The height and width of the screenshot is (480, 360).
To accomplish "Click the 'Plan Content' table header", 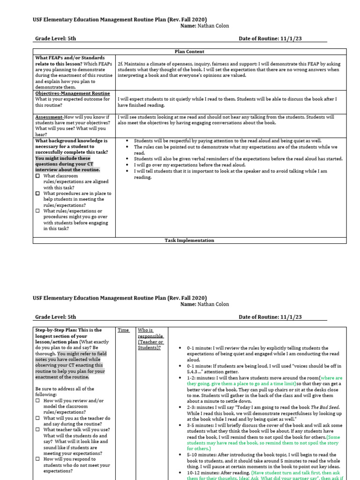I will point(189,52).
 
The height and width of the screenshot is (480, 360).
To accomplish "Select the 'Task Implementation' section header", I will point(189,240).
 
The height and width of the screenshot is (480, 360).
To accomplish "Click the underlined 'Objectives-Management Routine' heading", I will point(73,93).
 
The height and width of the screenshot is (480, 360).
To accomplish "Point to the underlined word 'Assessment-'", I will point(49,117).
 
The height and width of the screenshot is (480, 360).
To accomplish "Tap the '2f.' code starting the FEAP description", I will point(120,64).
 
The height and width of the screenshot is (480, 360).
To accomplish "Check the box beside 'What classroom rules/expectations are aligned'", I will point(38,176).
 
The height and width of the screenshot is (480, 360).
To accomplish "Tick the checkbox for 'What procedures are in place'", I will point(38,194).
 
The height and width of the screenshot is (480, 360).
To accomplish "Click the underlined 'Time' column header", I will point(123,330).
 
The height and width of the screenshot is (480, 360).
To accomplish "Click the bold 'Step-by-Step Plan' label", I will point(55,330).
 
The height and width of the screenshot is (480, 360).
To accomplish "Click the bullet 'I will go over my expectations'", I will point(189,165).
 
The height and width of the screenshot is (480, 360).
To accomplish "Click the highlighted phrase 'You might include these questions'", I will point(63,158).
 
